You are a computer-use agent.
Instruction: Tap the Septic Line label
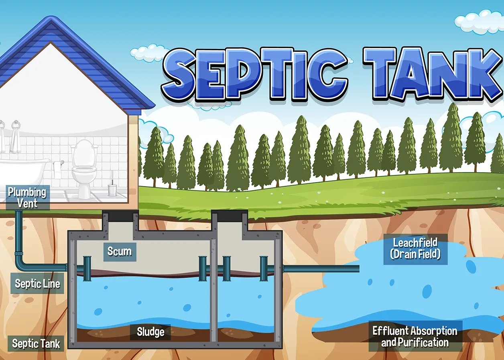click(x=37, y=284)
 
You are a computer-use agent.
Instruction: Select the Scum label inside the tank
click(x=119, y=252)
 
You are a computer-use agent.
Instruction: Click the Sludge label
click(x=150, y=332)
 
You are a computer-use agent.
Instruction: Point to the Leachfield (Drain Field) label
click(x=415, y=248)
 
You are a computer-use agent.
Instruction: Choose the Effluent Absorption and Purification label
click(x=415, y=336)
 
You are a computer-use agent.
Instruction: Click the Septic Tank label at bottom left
click(x=36, y=344)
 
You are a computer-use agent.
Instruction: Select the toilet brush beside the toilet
click(x=112, y=187)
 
